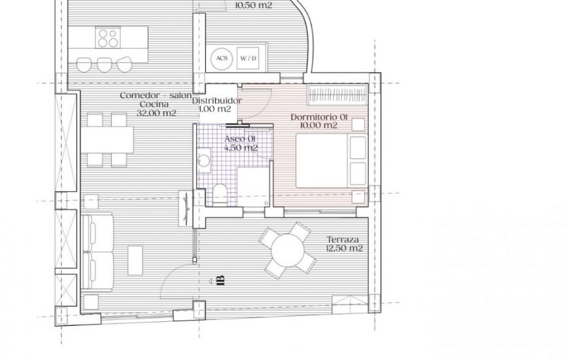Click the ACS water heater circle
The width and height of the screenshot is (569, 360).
[x=222, y=58]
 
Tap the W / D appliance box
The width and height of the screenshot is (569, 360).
[x=248, y=58]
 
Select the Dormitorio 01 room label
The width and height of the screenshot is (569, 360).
[x=319, y=117]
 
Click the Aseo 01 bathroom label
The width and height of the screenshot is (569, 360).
[x=240, y=139]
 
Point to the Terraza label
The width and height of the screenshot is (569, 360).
[x=343, y=240]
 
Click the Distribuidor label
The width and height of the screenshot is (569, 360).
[x=216, y=101]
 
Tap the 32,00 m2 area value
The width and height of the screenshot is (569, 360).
[x=156, y=113]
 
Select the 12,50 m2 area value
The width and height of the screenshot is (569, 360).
[x=345, y=249]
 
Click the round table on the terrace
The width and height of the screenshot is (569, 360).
[x=287, y=250]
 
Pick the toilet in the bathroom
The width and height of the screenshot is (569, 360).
[x=220, y=194]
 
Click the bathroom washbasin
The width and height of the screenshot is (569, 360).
[x=204, y=160]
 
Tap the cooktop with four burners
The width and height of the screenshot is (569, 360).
[x=108, y=37]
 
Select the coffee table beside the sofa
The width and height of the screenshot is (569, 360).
[x=135, y=261]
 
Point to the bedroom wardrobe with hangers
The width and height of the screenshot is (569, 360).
[x=337, y=95]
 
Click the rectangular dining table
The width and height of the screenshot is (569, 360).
[x=107, y=139]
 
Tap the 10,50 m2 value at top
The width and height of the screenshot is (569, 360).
[x=254, y=5]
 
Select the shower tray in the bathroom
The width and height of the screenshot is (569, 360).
[x=253, y=187]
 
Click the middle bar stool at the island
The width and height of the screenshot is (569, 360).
[x=104, y=65]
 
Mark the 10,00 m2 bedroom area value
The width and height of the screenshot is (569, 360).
[x=319, y=125]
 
